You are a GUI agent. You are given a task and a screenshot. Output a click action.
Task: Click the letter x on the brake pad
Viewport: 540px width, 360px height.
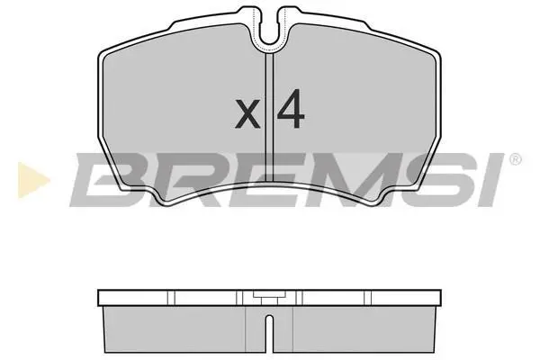point(247,113)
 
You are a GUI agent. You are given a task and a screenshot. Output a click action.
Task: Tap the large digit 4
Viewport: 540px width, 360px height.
point(291,109)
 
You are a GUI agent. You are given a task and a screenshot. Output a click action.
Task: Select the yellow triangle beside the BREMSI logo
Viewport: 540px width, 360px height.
point(33,180)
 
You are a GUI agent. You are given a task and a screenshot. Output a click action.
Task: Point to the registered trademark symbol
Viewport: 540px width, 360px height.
point(515,159)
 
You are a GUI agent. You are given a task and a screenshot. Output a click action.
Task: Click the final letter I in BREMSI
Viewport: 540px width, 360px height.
point(486,180)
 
